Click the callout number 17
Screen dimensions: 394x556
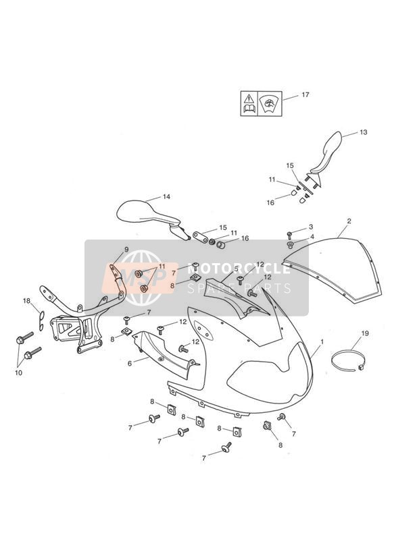coord(305,94)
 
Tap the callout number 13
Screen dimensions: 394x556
coord(364,132)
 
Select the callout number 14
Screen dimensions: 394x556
coord(166,197)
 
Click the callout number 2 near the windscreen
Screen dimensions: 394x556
coord(349,221)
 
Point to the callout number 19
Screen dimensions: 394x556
coord(365,333)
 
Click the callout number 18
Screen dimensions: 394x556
coord(26,301)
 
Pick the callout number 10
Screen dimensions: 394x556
coord(18,372)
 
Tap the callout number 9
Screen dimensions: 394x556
coord(126,249)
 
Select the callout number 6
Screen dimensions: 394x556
coord(130,364)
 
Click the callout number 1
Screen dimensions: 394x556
coord(322,342)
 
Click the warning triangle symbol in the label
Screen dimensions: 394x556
coord(249,99)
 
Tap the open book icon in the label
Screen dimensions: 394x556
coord(249,109)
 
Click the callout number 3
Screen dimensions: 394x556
coord(311,227)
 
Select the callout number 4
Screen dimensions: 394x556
coord(312,237)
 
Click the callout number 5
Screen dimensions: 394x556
coord(236,269)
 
